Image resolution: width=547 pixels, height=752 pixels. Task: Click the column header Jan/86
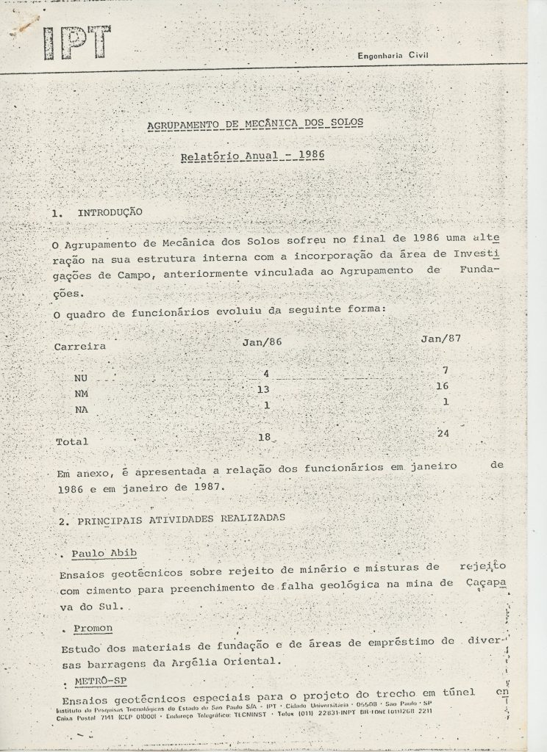click(x=262, y=341)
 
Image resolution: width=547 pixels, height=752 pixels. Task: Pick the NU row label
click(x=82, y=379)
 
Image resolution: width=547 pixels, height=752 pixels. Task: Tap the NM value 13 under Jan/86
click(x=263, y=388)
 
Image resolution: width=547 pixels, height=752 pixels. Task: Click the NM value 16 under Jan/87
click(x=441, y=386)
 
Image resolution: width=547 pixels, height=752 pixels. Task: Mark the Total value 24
click(x=443, y=433)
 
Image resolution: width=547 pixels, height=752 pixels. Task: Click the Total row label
click(x=71, y=441)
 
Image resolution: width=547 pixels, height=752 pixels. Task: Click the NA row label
click(x=82, y=411)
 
